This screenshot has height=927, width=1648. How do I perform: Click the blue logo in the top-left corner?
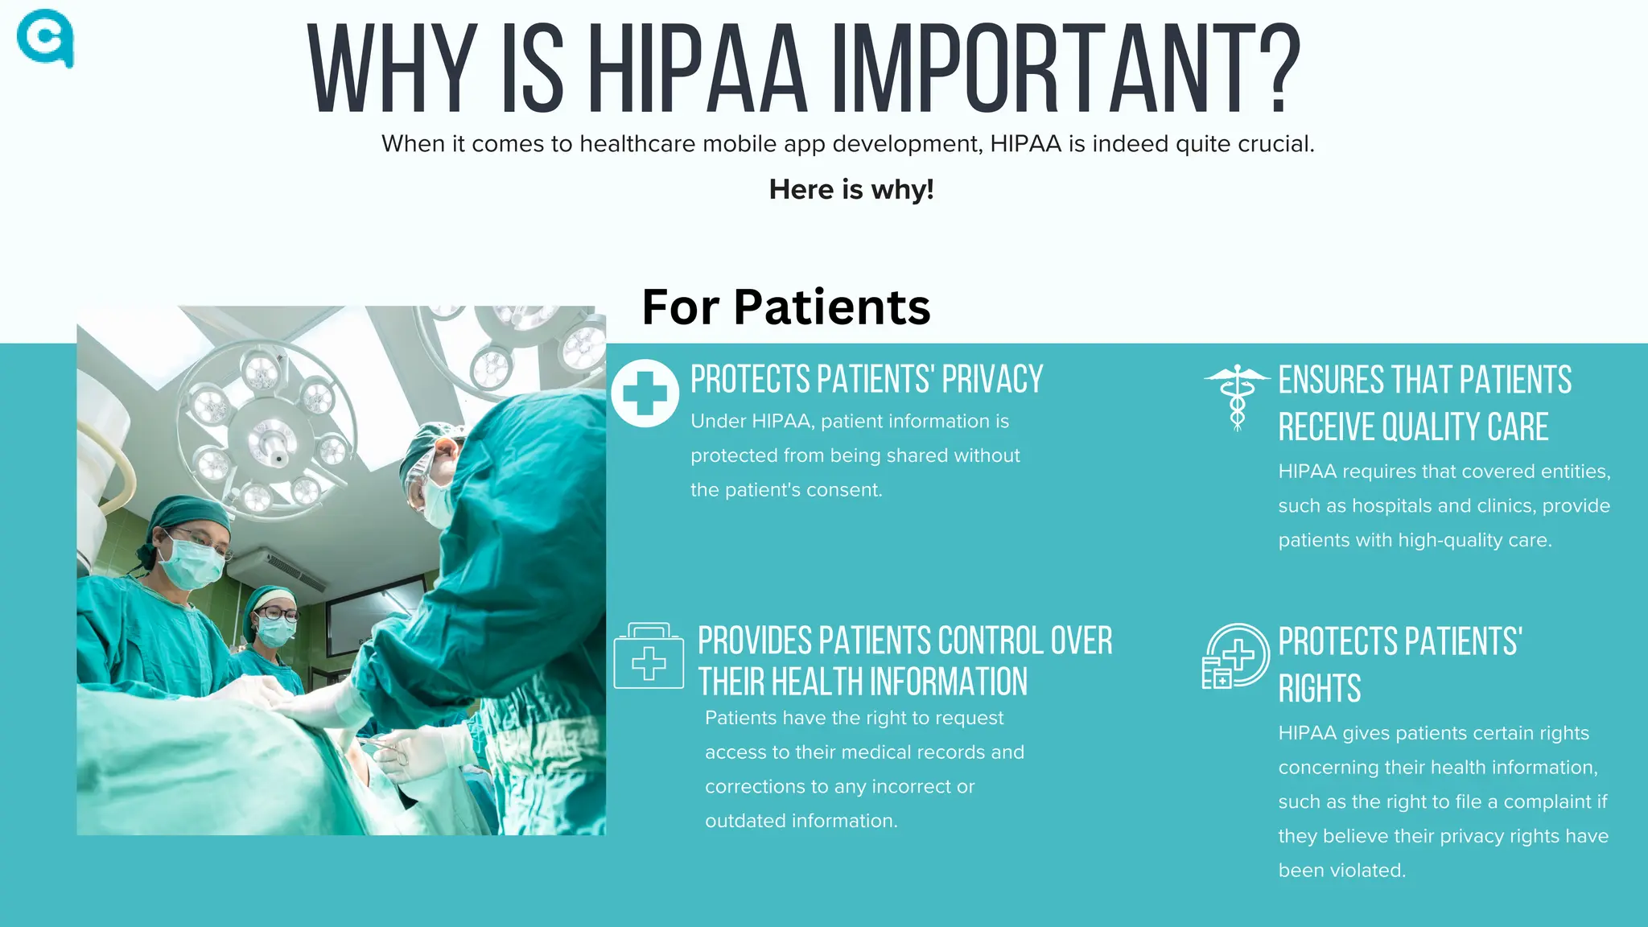click(45, 38)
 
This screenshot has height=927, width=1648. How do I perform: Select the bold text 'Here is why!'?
click(851, 189)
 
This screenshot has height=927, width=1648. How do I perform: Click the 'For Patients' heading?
click(786, 307)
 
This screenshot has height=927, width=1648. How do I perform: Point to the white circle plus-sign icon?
click(645, 393)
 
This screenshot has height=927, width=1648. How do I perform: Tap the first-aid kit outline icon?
click(649, 656)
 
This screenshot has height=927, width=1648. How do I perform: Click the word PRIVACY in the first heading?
click(992, 379)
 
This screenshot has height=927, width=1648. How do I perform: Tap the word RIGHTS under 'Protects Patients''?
click(1320, 689)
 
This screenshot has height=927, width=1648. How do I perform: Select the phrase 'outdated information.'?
click(801, 821)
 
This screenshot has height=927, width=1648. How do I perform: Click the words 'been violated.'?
click(1341, 871)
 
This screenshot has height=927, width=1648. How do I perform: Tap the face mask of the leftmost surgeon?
click(192, 562)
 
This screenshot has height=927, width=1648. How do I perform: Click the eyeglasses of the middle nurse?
click(278, 613)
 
